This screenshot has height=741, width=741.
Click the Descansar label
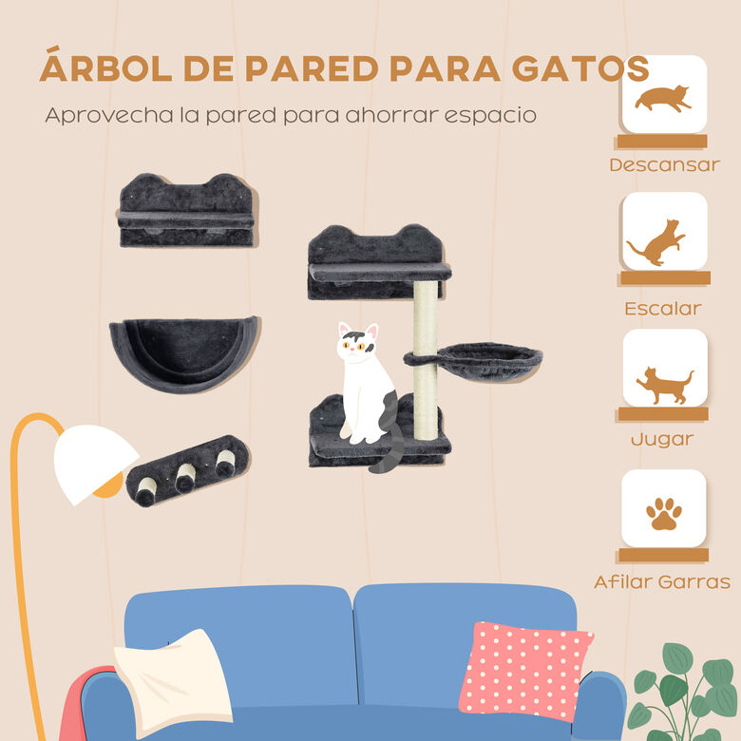coord(664,164)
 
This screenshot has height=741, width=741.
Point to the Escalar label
coord(663,308)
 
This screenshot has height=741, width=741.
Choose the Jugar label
coord(662,440)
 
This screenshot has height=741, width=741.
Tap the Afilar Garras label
coord(662,581)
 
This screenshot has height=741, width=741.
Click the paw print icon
coord(664,514)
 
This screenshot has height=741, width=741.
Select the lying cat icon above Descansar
coord(663,98)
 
